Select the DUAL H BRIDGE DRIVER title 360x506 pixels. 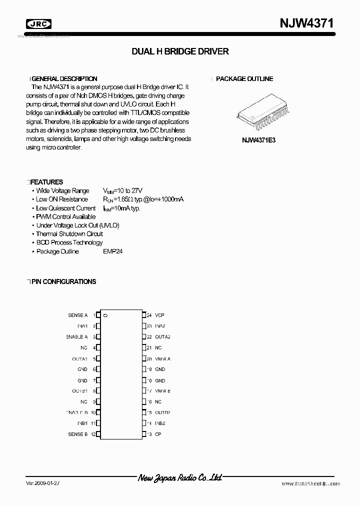point(180,51)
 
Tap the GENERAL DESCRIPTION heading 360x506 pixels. point(64,79)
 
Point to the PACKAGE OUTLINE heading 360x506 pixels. point(244,79)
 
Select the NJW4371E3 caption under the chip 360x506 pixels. point(258,140)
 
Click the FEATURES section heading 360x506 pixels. point(47,182)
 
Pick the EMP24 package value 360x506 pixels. point(112,251)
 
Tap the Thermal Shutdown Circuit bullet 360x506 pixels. point(69,234)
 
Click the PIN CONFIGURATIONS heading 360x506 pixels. point(63,282)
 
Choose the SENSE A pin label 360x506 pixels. point(77,315)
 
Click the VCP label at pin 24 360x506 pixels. point(159,315)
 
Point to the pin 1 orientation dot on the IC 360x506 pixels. point(105,315)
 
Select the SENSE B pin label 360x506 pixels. point(77,434)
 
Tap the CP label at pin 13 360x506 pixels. point(158,434)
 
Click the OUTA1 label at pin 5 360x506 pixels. point(79,359)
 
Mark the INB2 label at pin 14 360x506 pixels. point(160,423)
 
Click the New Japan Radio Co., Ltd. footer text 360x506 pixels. point(179,478)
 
